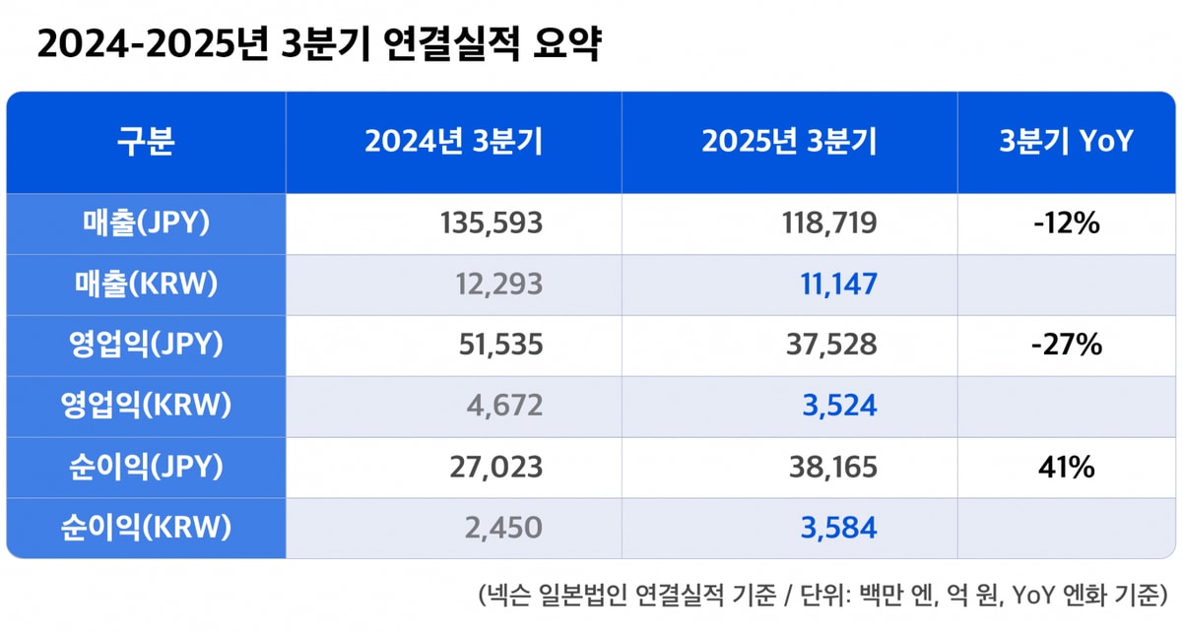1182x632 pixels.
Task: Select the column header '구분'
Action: [146, 142]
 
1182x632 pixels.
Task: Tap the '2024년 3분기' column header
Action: [453, 142]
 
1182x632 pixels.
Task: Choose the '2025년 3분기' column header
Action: [789, 142]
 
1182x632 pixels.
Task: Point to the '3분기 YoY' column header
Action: [1066, 142]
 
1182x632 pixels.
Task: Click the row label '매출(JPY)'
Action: [146, 224]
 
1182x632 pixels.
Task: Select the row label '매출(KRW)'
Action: [146, 284]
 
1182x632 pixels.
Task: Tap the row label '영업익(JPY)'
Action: [146, 346]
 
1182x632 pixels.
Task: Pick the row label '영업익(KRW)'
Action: [146, 406]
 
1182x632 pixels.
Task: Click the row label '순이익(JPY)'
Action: [146, 467]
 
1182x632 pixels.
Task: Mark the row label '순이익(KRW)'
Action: [146, 528]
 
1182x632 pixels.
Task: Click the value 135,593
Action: [490, 224]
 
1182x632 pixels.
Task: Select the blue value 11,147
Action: [836, 285]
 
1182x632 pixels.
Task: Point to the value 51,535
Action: [500, 346]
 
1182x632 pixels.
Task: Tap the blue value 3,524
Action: [839, 407]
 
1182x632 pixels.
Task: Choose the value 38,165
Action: [832, 468]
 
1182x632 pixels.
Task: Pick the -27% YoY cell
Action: [1068, 346]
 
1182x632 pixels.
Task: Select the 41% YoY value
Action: [1066, 468]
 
